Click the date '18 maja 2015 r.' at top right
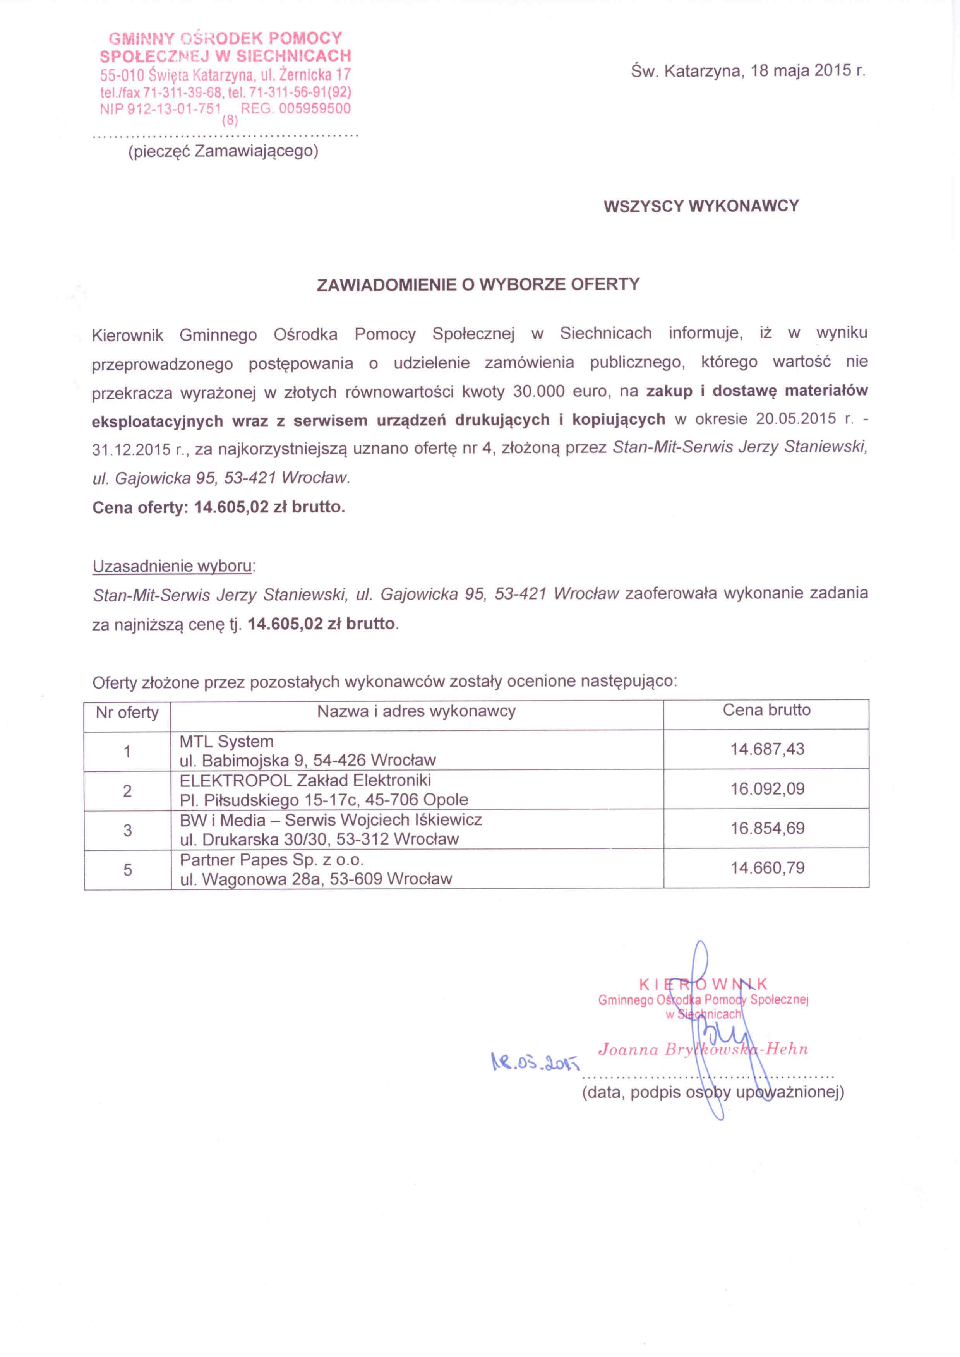point(807,72)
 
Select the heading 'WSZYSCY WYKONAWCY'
point(701,206)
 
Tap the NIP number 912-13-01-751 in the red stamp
point(161,109)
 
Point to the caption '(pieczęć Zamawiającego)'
point(223,151)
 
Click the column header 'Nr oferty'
point(127,713)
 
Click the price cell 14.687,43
point(767,749)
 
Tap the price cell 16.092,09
point(767,789)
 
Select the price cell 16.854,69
point(767,828)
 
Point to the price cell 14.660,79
point(767,868)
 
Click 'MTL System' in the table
point(226,742)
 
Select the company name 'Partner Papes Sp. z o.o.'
point(272,860)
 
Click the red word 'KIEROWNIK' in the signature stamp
point(703,984)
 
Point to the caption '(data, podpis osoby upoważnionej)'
point(713,1092)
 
